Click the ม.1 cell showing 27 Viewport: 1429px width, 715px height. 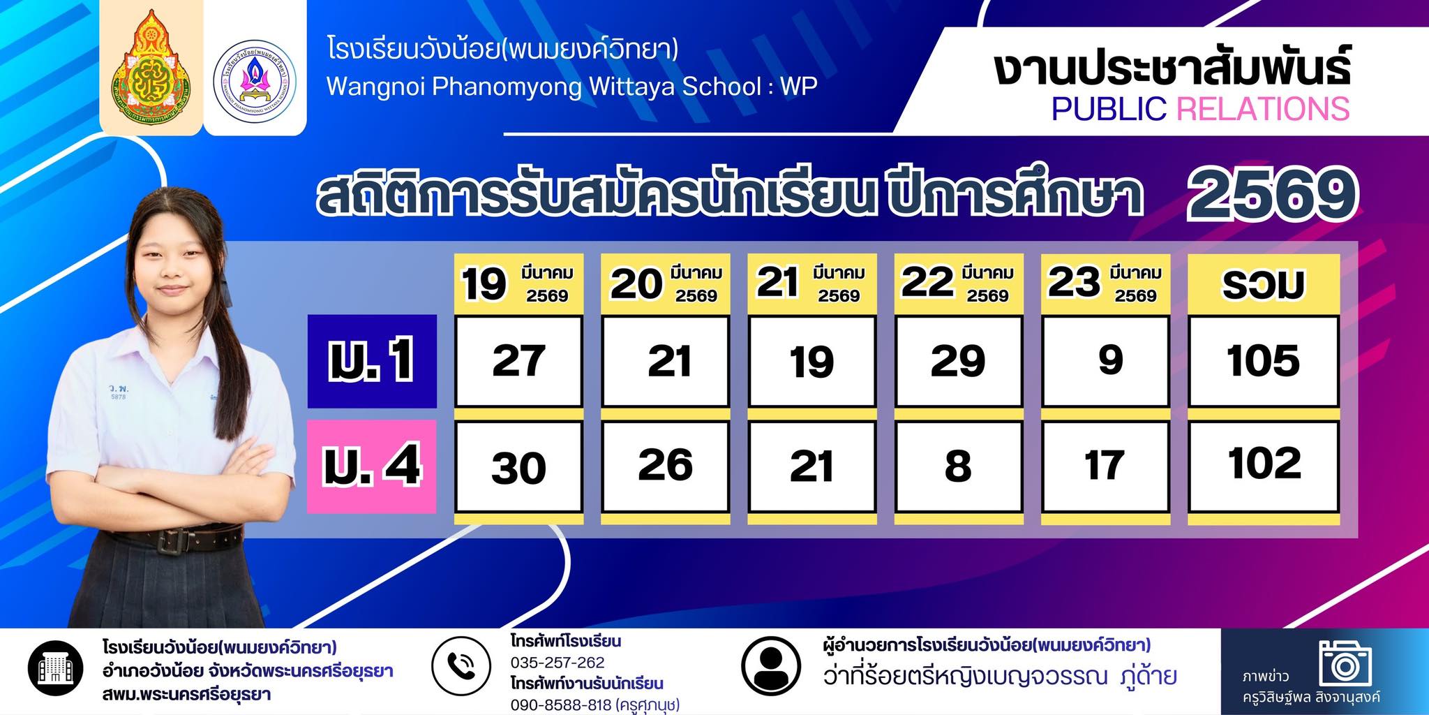(x=518, y=361)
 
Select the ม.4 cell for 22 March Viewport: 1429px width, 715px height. (x=959, y=466)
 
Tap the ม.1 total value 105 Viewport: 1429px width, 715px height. (x=1264, y=361)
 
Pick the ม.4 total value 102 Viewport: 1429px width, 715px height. (x=1264, y=466)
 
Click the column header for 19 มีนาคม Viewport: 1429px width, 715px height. (x=518, y=283)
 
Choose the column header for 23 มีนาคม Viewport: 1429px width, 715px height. (x=1105, y=283)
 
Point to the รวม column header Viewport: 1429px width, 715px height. (x=1264, y=283)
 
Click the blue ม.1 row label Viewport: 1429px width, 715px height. (x=372, y=361)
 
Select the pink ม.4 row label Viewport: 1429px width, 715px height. (x=372, y=466)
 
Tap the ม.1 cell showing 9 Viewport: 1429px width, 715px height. (x=1105, y=361)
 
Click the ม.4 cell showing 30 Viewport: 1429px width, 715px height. (x=518, y=466)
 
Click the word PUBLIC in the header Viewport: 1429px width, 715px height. (x=1109, y=109)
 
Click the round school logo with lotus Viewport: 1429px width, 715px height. (x=255, y=78)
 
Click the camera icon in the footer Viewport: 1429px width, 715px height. (x=1345, y=663)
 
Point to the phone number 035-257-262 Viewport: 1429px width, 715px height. (x=558, y=663)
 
